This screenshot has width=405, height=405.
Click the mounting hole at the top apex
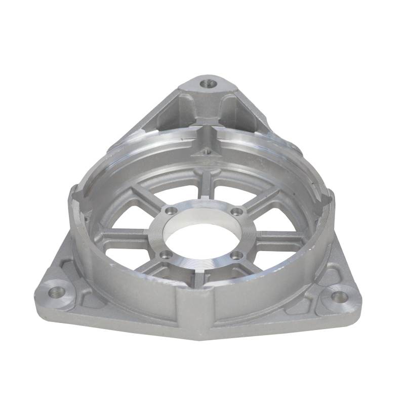pos(207,83)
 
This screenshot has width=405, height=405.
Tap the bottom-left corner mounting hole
pos(56,291)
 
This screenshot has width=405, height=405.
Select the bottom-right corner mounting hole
pos(339,296)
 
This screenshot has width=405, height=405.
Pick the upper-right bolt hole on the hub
pos(234,212)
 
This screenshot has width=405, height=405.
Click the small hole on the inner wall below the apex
pos(206,151)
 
